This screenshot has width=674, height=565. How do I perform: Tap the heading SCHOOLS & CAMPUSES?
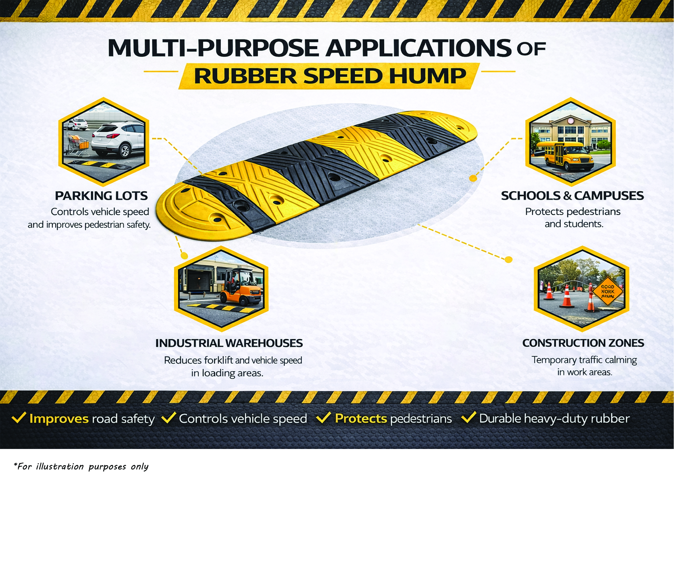[x=572, y=196]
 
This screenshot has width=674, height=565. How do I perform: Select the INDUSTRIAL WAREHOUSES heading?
[x=229, y=343]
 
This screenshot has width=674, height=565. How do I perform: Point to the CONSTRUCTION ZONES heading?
[x=583, y=343]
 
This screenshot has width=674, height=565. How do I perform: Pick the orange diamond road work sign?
[x=608, y=291]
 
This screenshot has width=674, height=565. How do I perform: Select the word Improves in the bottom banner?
[x=59, y=419]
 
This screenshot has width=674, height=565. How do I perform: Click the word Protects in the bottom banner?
[x=361, y=418]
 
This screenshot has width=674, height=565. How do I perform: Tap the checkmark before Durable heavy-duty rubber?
[x=469, y=417]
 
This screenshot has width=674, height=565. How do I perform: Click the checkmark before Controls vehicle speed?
[x=169, y=417]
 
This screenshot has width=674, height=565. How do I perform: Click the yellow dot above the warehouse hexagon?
[x=184, y=256]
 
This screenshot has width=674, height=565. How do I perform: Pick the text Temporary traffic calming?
[x=584, y=360]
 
